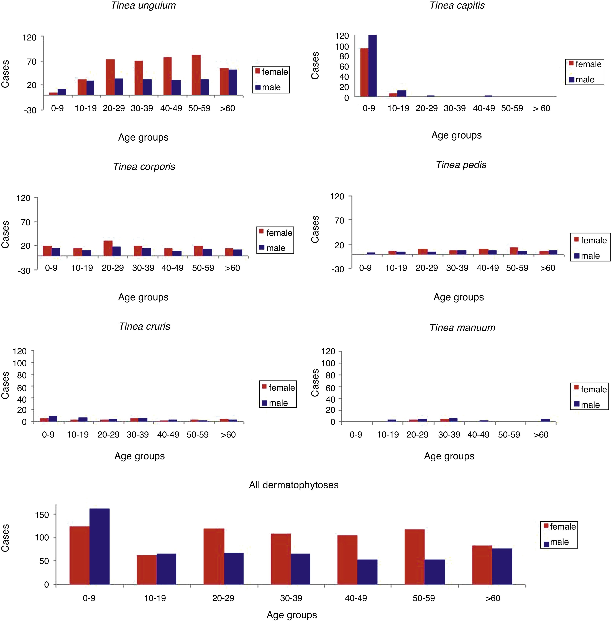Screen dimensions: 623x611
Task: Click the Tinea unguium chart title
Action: pyautogui.click(x=144, y=6)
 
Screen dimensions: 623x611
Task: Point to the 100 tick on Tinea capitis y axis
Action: pyautogui.click(x=342, y=47)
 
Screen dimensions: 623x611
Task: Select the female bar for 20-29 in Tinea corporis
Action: pyautogui.click(x=108, y=248)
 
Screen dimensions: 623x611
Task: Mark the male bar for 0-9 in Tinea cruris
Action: pyautogui.click(x=53, y=419)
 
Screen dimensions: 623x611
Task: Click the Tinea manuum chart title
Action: pyautogui.click(x=462, y=328)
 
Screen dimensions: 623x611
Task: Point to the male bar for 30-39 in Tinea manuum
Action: pyautogui.click(x=453, y=420)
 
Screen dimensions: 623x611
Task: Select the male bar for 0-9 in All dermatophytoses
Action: pyautogui.click(x=99, y=547)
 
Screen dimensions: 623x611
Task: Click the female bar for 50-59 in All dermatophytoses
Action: pyautogui.click(x=414, y=557)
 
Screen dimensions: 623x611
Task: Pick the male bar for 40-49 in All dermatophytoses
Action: pyautogui.click(x=367, y=572)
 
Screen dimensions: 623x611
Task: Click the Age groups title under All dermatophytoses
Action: pyautogui.click(x=292, y=615)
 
